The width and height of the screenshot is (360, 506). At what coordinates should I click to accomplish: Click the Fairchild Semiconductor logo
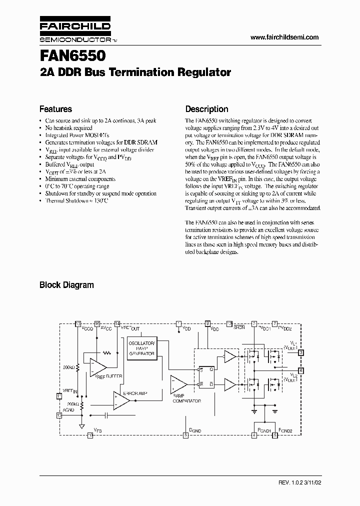[x=74, y=31]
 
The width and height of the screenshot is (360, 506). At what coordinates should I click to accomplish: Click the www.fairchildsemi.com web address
[x=283, y=37]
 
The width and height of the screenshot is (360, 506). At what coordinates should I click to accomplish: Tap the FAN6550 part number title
[x=72, y=53]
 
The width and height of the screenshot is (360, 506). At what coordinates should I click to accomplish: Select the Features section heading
[x=55, y=109]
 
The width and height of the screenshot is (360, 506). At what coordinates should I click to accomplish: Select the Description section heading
[x=206, y=109]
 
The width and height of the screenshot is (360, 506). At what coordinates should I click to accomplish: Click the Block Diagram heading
[x=66, y=285]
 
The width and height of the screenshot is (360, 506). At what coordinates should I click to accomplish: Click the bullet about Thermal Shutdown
[x=76, y=200]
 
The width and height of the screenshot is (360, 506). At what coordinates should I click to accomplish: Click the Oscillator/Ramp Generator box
[x=142, y=348]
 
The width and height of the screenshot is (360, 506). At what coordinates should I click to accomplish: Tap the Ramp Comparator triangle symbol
[x=178, y=384]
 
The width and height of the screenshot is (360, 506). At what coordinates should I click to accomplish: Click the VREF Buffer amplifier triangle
[x=97, y=367]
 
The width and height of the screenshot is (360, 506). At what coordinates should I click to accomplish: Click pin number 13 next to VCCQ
[x=77, y=323]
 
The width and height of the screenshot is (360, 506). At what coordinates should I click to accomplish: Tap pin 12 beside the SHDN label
[x=229, y=323]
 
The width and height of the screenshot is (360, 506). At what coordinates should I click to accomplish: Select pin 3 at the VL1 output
[x=300, y=352]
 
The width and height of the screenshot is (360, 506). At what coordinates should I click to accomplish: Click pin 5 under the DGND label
[x=185, y=435]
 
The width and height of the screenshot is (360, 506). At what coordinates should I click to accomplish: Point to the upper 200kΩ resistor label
[x=69, y=367]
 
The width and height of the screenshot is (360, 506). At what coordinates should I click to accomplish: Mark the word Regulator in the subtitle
[x=204, y=72]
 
